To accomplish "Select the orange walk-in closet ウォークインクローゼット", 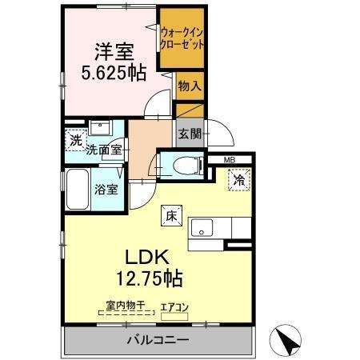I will (x=182, y=38).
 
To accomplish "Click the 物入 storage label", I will (x=189, y=86).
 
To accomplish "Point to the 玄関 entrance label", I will (x=189, y=133).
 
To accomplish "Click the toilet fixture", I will (x=180, y=166).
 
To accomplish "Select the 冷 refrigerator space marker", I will (x=238, y=181).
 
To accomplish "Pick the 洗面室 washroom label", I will (x=104, y=149).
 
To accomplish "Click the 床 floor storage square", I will (x=171, y=214).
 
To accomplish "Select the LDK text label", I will (x=145, y=258).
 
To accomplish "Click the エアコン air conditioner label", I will (x=176, y=306).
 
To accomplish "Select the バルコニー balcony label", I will (x=157, y=340).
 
